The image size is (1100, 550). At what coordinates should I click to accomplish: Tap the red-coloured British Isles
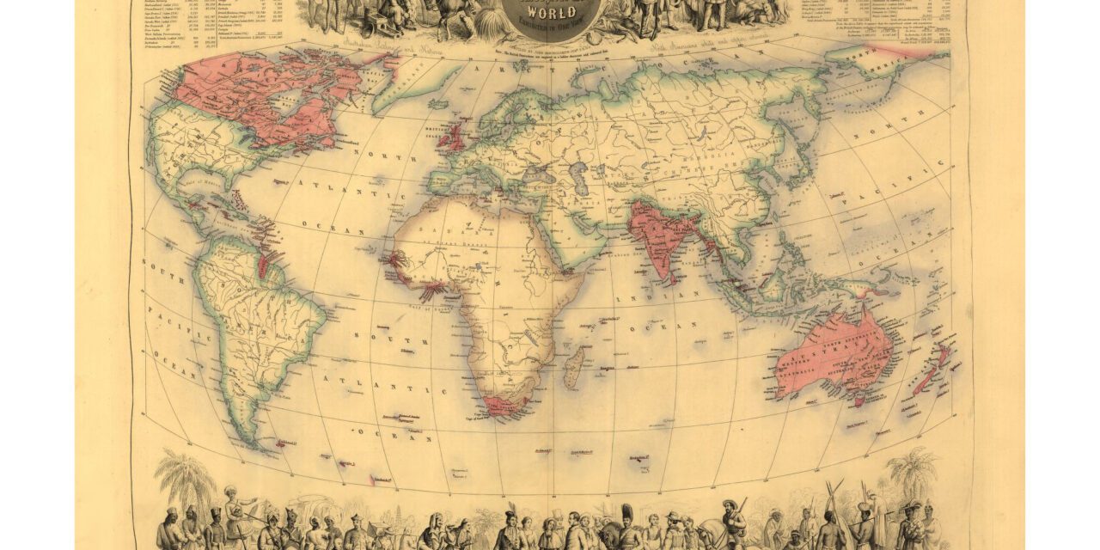coord(453,137)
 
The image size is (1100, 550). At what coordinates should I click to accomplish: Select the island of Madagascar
coord(573,367)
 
